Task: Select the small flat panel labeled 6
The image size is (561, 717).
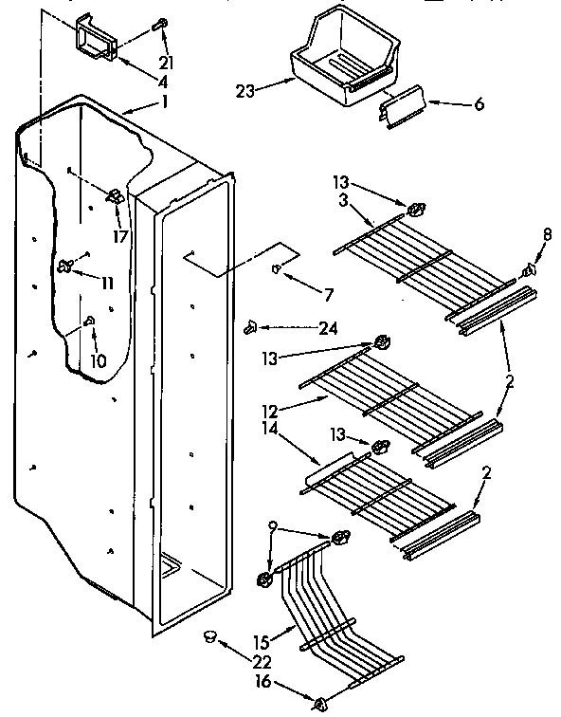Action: click(x=407, y=108)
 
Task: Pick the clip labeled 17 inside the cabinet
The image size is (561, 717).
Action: click(x=116, y=197)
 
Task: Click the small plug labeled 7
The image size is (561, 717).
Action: click(x=276, y=269)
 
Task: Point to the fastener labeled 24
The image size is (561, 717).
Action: click(x=252, y=327)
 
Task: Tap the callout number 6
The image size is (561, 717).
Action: click(x=479, y=104)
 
